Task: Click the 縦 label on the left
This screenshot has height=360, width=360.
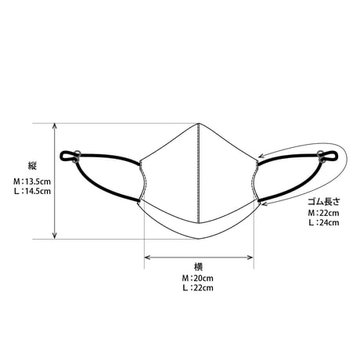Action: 33,166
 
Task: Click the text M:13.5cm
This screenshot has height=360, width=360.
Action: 32,181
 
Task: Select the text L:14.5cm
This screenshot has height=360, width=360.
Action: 32,191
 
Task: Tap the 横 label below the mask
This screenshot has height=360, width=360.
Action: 198,267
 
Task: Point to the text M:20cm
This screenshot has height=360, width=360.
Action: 198,278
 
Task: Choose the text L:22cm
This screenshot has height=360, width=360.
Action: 198,288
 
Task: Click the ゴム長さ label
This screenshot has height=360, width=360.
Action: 324,202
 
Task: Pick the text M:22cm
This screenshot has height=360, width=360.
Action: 324,213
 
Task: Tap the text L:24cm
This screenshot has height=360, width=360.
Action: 324,223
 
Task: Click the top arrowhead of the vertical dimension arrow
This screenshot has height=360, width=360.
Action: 55,126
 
